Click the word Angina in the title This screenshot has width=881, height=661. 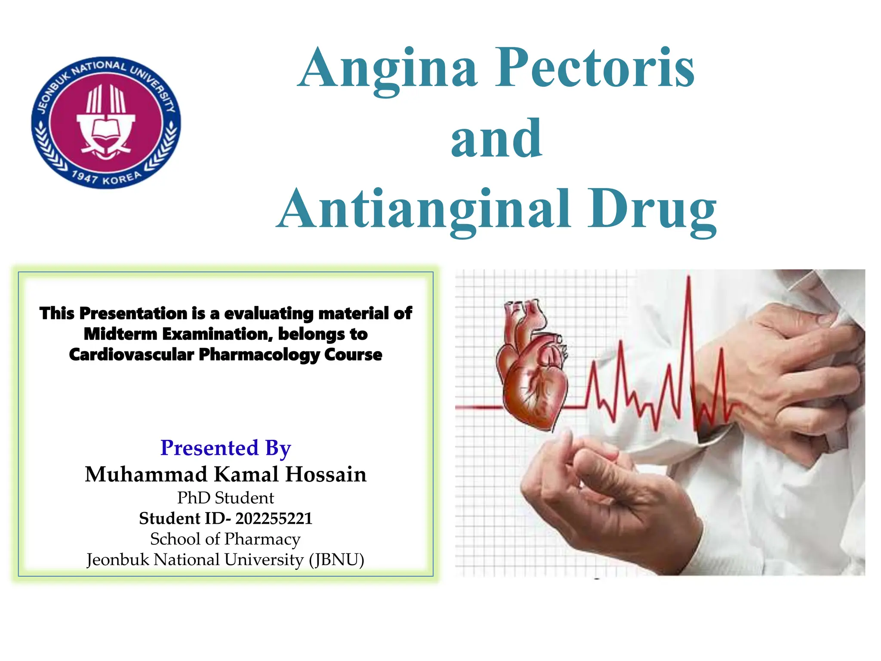(387, 69)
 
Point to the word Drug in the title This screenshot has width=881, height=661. (652, 210)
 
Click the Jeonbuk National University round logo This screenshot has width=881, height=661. (106, 123)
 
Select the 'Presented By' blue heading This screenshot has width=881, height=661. (225, 448)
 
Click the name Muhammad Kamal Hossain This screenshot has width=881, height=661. (225, 474)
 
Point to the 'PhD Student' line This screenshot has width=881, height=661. (225, 498)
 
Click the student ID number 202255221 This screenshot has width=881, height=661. (274, 519)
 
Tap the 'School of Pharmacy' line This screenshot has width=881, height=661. (225, 539)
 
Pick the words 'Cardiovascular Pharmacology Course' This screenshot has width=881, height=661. (225, 355)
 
